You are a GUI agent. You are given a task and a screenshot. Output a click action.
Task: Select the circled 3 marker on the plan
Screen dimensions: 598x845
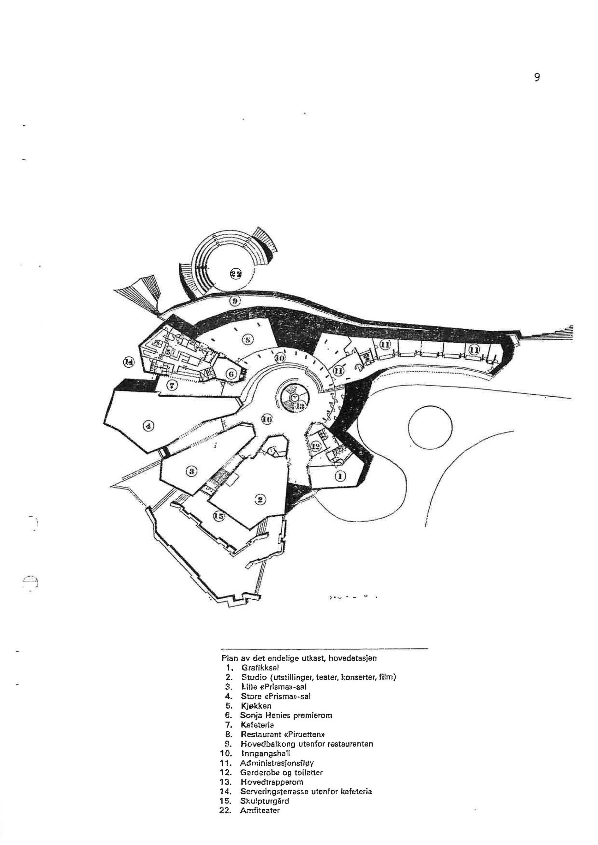coord(192,470)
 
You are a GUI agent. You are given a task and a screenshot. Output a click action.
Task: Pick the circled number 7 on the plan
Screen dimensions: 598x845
coord(172,385)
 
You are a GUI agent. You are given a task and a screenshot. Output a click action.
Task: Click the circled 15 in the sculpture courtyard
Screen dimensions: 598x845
coord(219,516)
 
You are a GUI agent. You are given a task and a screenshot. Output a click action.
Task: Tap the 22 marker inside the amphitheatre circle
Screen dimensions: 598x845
coord(236,273)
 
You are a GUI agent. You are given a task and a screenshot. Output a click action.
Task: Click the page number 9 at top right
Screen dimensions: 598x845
coord(537,77)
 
